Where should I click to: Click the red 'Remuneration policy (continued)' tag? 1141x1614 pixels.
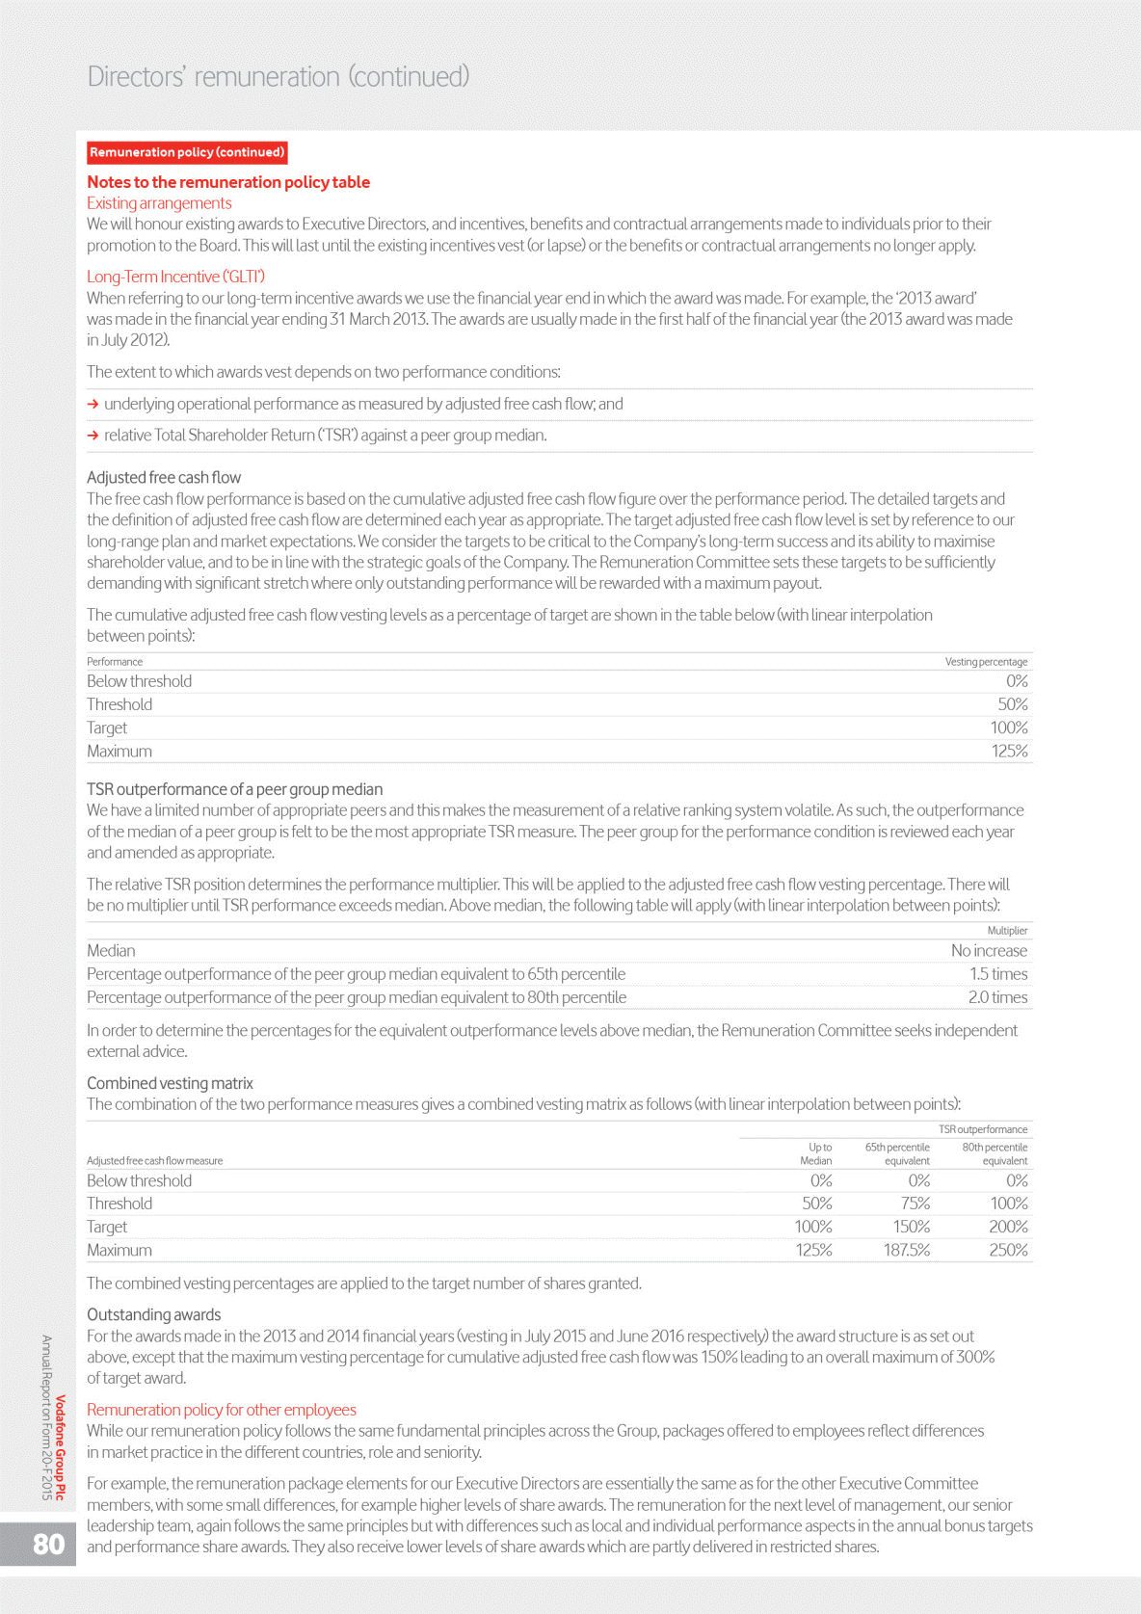187,152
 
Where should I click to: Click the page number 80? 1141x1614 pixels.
48,1544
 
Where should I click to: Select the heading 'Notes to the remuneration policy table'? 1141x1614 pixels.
228,182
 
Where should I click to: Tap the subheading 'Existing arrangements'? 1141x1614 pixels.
159,203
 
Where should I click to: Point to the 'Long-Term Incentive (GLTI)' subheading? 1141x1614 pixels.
175,277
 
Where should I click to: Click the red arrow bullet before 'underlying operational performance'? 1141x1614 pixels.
93,405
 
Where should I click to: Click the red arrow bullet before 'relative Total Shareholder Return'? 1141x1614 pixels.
93,436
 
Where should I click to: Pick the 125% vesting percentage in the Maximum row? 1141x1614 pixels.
1009,752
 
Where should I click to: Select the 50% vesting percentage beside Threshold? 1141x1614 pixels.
1012,704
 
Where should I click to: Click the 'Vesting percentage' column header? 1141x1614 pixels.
986,662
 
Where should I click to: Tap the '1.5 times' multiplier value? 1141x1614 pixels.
998,974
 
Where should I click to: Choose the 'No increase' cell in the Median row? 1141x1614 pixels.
989,951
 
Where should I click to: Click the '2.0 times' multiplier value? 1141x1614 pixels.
997,997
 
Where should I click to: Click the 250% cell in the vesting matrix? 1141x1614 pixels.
1008,1251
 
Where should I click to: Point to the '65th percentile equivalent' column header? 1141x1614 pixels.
897,1154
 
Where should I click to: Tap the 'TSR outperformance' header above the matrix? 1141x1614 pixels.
982,1129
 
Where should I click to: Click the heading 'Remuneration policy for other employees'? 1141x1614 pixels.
222,1410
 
